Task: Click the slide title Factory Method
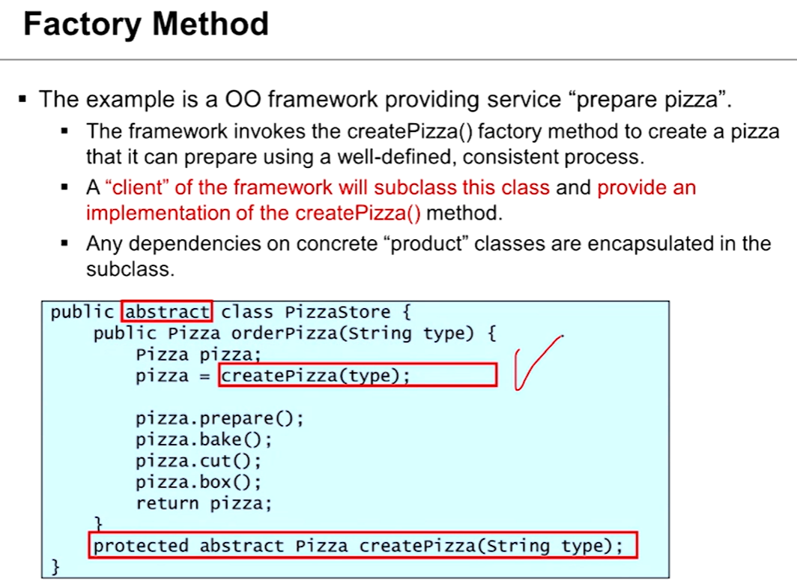tap(145, 24)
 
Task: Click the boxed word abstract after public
tap(168, 311)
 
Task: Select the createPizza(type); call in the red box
tap(316, 375)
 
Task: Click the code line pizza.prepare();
tap(219, 418)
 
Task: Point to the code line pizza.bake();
tap(204, 439)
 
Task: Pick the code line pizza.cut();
tap(199, 460)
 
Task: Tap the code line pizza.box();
tap(199, 481)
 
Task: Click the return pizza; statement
tap(204, 503)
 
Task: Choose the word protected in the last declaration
tap(141, 546)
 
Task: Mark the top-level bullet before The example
tap(23, 99)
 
